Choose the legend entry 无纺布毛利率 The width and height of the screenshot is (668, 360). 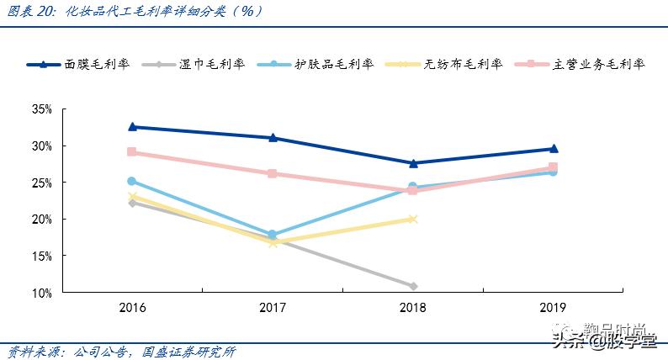pos(464,64)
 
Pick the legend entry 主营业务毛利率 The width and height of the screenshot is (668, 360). pos(599,64)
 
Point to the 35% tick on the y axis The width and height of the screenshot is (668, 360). pos(42,109)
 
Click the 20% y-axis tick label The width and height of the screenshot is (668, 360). pos(42,220)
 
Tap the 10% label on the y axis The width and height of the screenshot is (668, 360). pos(42,293)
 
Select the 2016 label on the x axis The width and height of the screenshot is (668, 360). pos(132,308)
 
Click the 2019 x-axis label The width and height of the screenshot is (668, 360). pos(553,308)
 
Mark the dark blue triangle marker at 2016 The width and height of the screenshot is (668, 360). pos(132,127)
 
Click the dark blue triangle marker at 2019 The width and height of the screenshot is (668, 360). pos(553,149)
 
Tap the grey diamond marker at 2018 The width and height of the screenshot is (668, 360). pos(412,287)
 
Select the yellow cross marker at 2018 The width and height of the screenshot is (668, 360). pos(412,219)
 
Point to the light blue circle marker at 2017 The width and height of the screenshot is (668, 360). pos(273,235)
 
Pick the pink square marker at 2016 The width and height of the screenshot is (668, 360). pos(132,152)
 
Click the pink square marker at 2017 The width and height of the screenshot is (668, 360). pos(273,174)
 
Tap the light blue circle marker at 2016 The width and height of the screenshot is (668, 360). pos(132,181)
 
